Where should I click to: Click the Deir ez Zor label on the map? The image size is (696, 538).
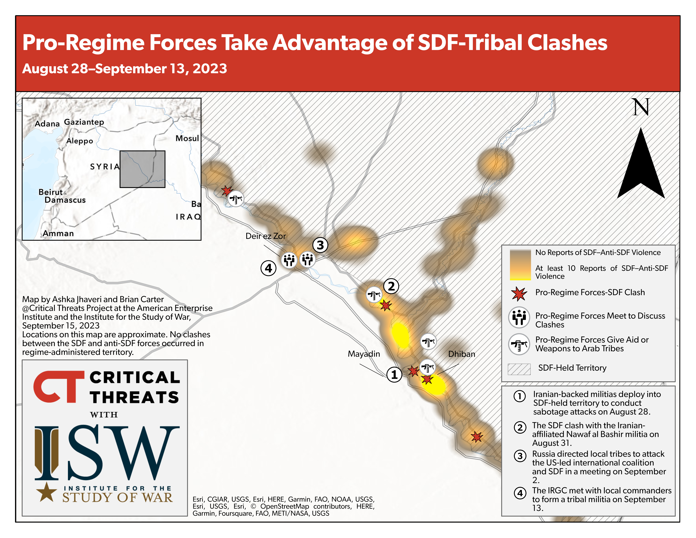tap(265, 236)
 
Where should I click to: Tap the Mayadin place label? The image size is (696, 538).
tap(364, 354)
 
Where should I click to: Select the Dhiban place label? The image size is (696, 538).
tap(462, 354)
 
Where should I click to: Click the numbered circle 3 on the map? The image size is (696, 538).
tap(320, 245)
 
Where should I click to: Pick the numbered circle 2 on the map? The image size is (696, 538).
tap(391, 286)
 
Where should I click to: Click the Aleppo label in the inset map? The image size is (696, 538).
tap(80, 141)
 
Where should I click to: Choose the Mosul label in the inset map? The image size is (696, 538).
tap(187, 138)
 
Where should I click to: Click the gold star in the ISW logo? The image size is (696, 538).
tap(47, 492)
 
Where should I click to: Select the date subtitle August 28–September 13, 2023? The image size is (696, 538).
tap(125, 68)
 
